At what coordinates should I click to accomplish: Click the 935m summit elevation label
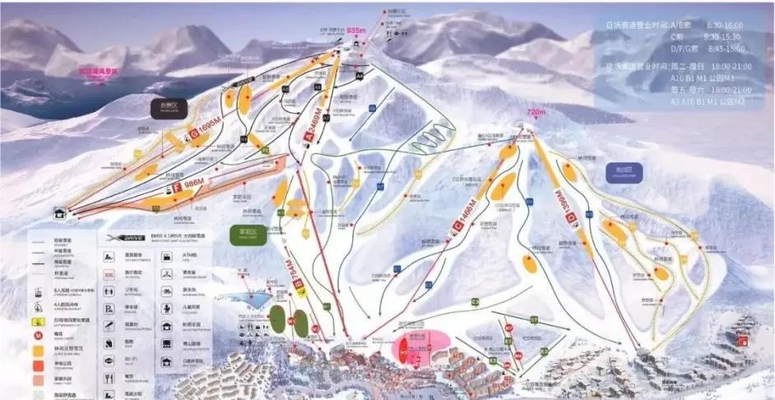click(355, 30)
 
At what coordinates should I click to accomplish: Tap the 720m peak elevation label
click(536, 111)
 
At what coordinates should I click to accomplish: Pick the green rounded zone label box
click(248, 235)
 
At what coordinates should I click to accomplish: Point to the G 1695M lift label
click(203, 128)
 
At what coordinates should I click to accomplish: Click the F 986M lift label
click(187, 184)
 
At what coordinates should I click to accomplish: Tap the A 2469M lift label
click(314, 127)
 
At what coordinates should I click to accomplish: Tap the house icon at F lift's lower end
click(59, 213)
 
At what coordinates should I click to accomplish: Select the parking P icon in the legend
click(109, 309)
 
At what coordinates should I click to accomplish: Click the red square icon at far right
click(743, 340)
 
